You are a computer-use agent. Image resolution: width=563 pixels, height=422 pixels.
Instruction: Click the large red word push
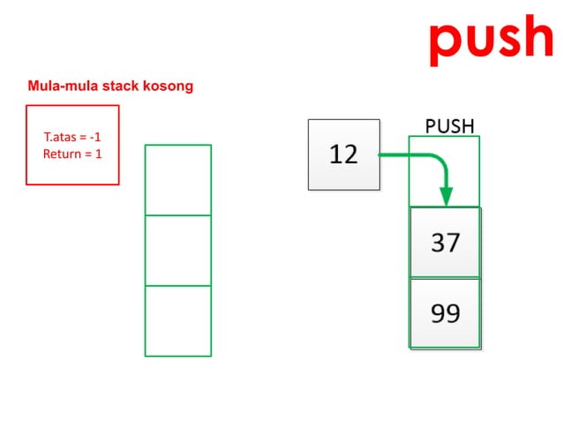491,37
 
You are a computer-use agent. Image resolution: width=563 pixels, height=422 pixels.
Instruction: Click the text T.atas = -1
72,138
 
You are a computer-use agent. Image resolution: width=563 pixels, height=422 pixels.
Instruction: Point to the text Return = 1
72,154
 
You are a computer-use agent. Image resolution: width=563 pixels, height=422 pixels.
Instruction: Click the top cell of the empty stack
178,180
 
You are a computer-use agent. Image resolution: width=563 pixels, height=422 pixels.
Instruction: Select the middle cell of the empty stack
178,251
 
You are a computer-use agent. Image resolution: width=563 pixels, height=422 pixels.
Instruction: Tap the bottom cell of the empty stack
178,320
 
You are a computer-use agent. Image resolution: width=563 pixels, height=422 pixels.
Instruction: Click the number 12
343,154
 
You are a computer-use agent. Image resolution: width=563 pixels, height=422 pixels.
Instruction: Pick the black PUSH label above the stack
449,126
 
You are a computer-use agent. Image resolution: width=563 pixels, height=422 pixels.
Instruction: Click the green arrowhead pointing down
447,198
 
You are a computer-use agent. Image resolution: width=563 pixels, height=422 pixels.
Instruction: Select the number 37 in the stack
446,242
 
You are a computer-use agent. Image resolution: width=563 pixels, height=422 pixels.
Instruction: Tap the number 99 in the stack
446,313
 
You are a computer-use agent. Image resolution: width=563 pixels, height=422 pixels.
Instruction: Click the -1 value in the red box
95,138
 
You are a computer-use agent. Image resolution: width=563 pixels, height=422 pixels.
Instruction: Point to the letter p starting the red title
445,41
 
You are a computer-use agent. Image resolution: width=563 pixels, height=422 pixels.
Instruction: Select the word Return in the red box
61,154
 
